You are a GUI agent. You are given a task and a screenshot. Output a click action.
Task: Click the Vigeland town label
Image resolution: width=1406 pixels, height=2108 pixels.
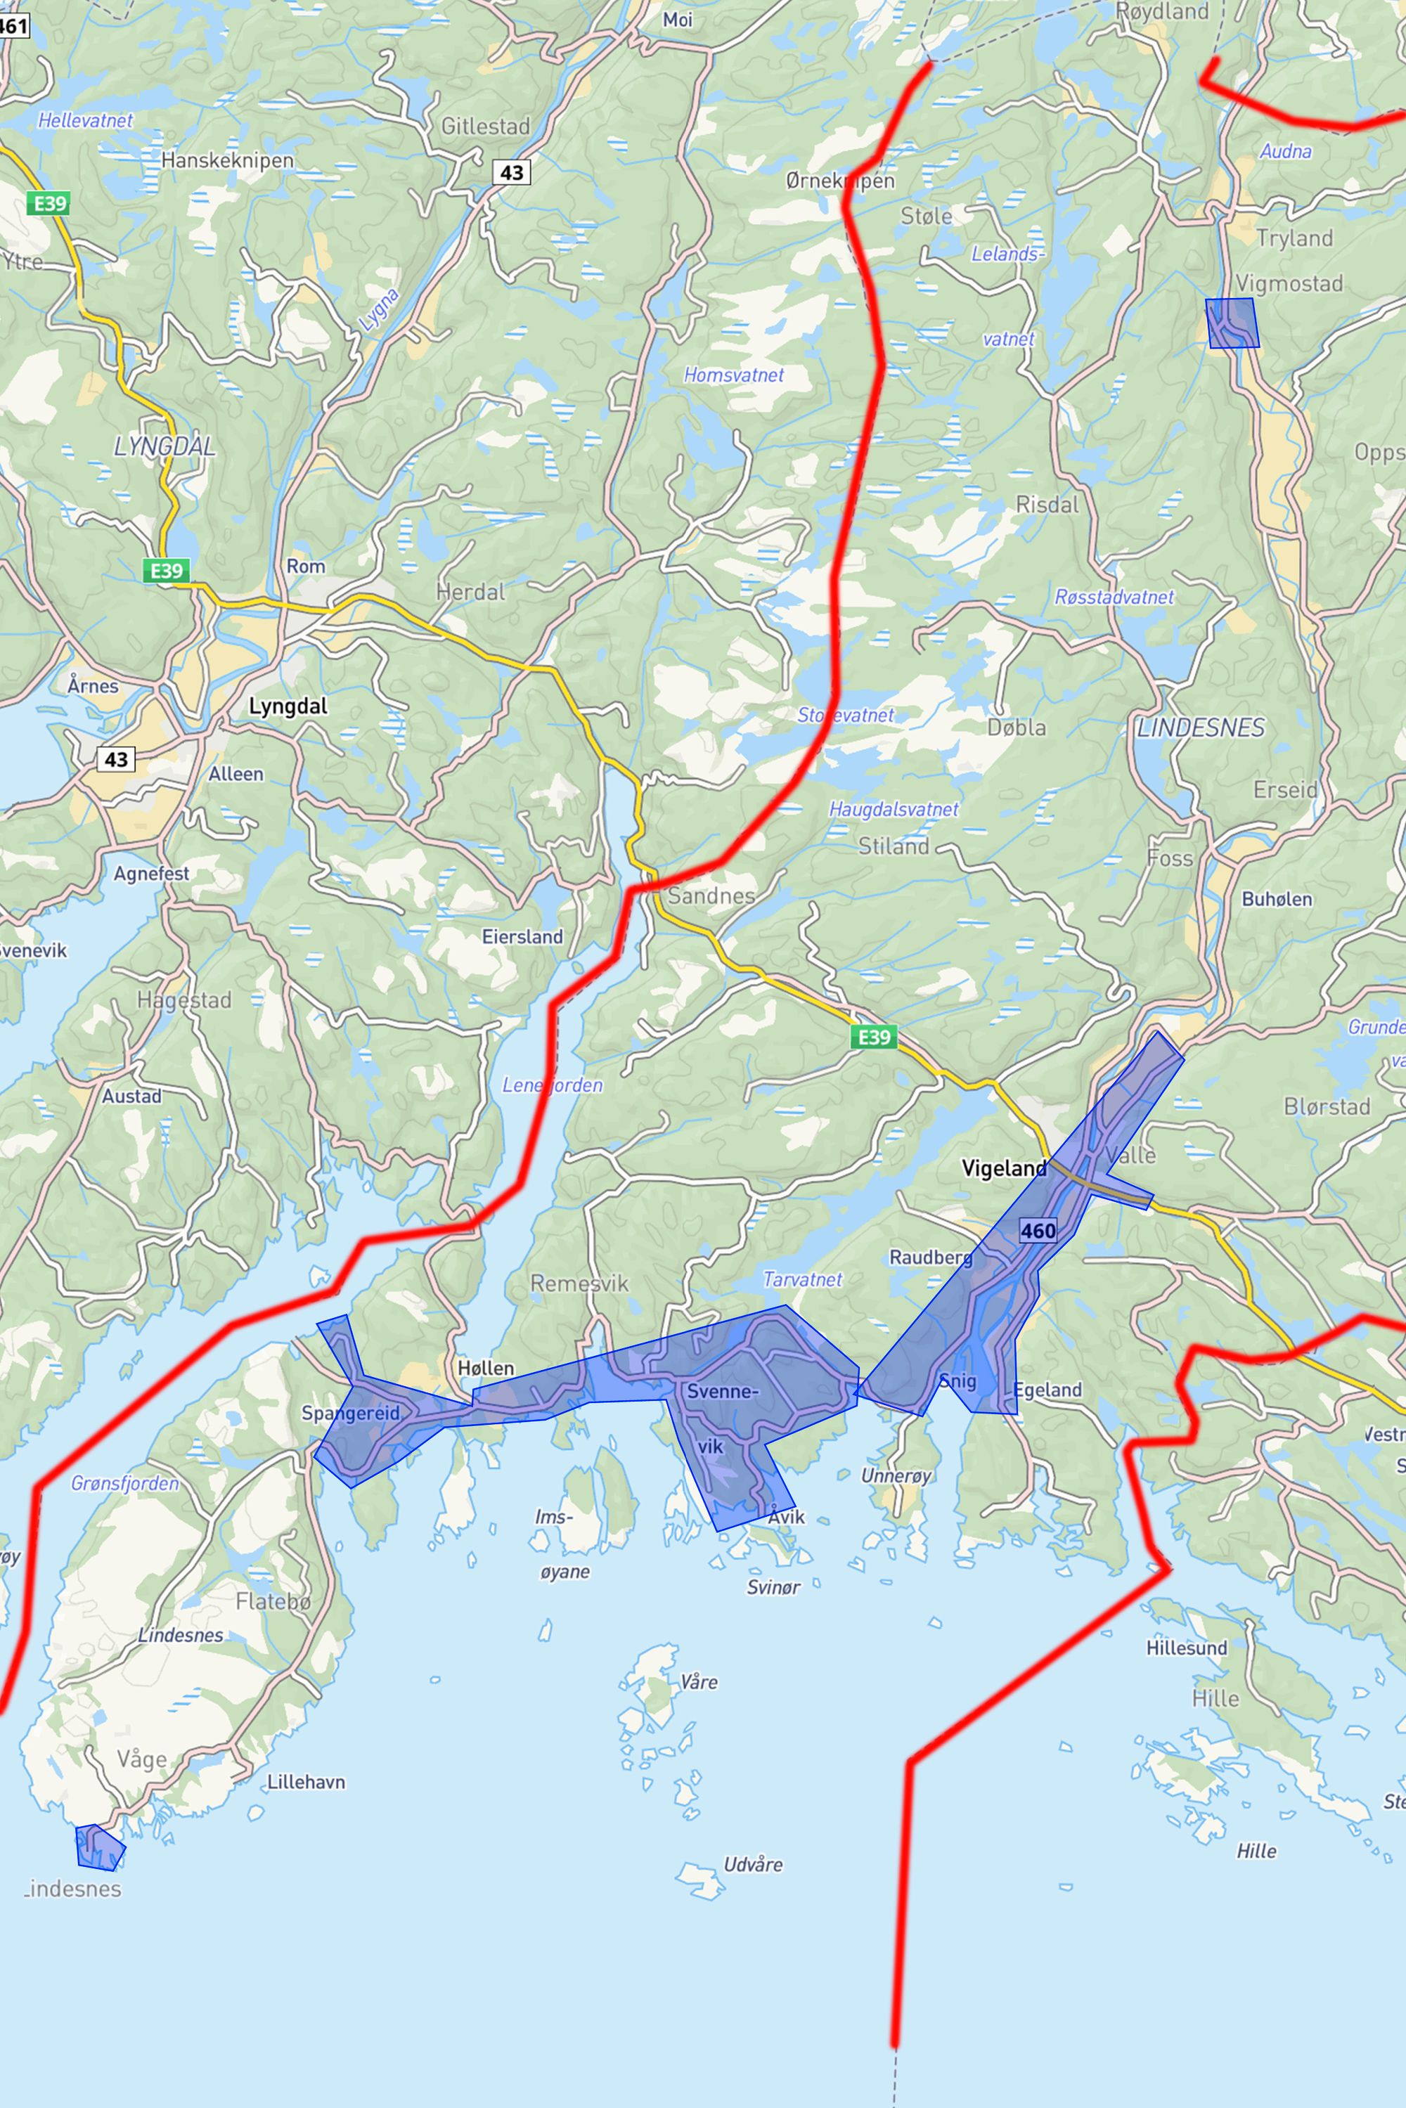pyautogui.click(x=1003, y=1168)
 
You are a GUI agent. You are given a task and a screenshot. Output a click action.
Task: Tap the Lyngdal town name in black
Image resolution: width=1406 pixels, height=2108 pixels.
pyautogui.click(x=288, y=706)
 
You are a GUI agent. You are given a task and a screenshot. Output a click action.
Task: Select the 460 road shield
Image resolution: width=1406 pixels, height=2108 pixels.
pyautogui.click(x=1038, y=1230)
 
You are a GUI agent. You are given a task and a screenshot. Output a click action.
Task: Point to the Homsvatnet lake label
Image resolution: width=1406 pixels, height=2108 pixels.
pyautogui.click(x=733, y=375)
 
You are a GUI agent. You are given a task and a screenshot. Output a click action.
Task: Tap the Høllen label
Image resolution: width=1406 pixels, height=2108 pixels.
pyautogui.click(x=486, y=1367)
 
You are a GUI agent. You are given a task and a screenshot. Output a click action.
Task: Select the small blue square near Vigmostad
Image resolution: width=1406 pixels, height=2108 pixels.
pyautogui.click(x=1232, y=323)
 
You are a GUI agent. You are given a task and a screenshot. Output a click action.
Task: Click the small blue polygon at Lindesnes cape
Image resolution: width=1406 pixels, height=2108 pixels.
pyautogui.click(x=100, y=1847)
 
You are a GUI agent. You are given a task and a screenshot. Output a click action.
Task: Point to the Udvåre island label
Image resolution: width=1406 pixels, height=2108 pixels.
pyautogui.click(x=752, y=1864)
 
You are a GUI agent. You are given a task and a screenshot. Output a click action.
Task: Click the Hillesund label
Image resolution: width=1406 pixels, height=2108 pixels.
pyautogui.click(x=1187, y=1647)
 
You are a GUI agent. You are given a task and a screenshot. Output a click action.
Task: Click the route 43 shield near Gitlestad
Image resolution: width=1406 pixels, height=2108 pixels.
pyautogui.click(x=511, y=172)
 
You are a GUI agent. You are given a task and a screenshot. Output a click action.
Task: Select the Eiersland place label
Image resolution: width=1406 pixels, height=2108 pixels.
pyautogui.click(x=523, y=936)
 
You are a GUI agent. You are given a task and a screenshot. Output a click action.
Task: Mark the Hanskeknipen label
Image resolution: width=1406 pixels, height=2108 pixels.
pyautogui.click(x=228, y=160)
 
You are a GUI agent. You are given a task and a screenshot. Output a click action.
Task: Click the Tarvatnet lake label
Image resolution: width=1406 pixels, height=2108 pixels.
pyautogui.click(x=803, y=1279)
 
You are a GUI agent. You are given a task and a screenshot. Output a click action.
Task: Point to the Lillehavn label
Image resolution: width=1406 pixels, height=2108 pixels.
pyautogui.click(x=306, y=1782)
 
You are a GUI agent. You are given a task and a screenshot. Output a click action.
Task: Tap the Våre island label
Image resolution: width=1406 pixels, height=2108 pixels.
pyautogui.click(x=699, y=1681)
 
